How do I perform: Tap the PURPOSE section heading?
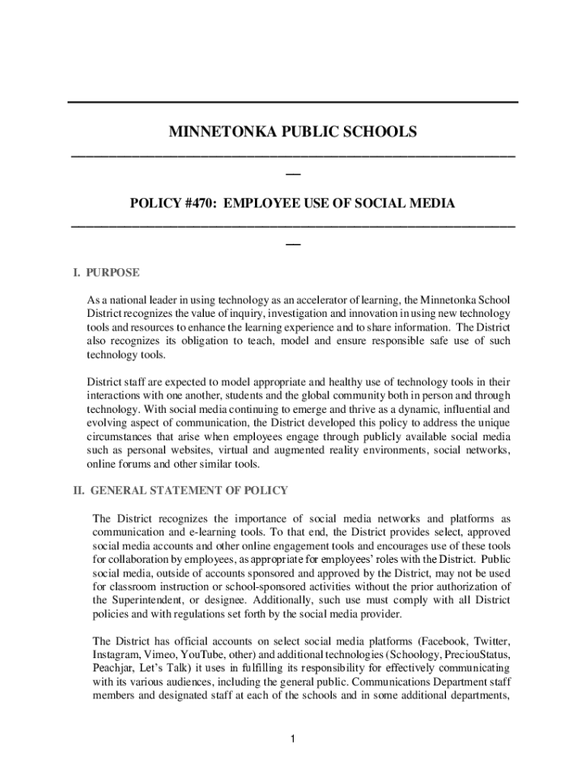tap(113, 272)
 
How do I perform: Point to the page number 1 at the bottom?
tap(293, 738)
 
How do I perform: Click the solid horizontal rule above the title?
tap(293, 102)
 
